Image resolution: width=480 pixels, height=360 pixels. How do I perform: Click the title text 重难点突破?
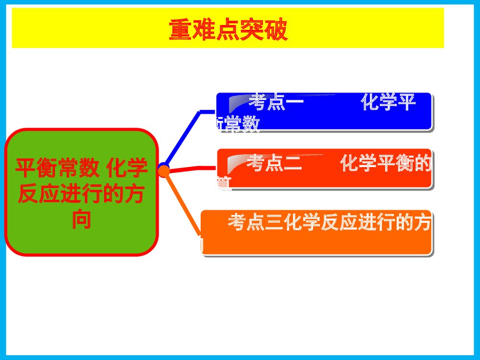coord(228,30)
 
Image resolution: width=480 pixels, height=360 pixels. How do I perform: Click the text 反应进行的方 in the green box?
coord(81,194)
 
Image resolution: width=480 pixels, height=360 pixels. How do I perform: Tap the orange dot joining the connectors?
coord(164,170)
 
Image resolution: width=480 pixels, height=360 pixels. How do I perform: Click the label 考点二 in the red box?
coord(274,165)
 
